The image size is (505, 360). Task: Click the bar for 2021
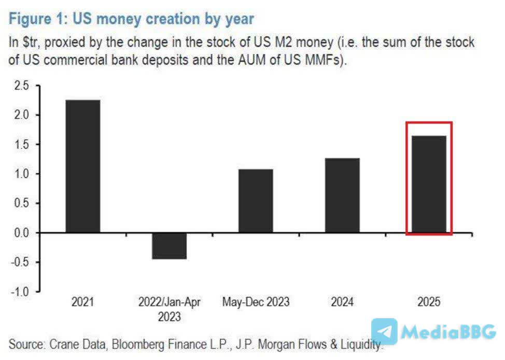[82, 166]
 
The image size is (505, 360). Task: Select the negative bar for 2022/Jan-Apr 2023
[169, 246]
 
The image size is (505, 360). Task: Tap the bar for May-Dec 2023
[255, 201]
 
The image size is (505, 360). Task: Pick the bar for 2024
[342, 196]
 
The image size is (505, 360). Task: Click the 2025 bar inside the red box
[428, 184]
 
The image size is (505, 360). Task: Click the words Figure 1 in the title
[37, 19]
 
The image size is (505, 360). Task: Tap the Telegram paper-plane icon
[385, 331]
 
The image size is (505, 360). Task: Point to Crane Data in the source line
[76, 344]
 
